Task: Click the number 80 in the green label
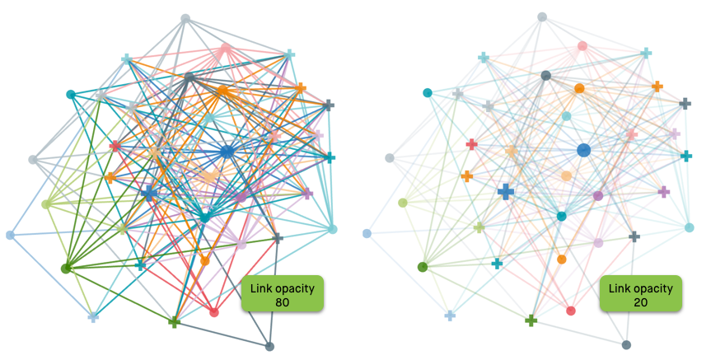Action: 283,302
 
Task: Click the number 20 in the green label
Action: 640,302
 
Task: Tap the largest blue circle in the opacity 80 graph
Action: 227,152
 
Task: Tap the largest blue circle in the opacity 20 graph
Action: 584,150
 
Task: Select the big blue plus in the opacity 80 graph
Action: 148,193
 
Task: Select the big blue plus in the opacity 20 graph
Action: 506,191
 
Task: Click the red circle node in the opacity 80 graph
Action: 214,312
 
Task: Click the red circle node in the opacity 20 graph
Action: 571,311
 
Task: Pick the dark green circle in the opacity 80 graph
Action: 66,268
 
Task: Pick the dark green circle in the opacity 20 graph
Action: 423,266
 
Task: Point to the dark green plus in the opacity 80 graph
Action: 174,322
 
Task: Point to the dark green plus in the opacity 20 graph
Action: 531,320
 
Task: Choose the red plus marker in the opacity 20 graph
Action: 472,144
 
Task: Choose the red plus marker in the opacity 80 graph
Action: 115,146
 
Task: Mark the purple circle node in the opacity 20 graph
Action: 598,196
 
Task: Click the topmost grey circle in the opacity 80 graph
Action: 185,18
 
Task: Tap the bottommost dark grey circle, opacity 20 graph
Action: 627,344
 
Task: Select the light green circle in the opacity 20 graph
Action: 403,203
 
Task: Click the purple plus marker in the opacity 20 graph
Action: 663,191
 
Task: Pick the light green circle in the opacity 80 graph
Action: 46,204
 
